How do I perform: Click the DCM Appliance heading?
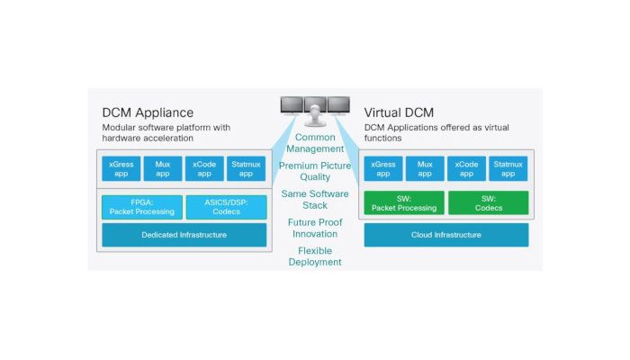point(148,112)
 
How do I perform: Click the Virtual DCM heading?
point(400,112)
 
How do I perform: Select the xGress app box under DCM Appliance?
point(121,169)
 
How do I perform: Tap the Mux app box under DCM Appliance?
point(162,169)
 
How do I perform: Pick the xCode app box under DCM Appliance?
point(203,169)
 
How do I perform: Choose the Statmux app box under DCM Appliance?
point(246,169)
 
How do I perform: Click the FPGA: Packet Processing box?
point(142,207)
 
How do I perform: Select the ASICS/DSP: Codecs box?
point(226,207)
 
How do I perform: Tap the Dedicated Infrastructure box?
point(184,235)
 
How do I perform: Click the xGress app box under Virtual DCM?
point(382,169)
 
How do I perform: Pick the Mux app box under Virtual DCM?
point(424,169)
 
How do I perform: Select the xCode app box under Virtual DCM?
point(466,169)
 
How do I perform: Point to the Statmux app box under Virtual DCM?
point(508,169)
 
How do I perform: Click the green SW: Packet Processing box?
point(403,202)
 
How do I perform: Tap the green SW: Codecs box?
point(488,202)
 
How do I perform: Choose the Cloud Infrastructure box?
point(445,235)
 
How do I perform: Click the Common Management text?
point(315,142)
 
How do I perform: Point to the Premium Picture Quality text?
point(315,171)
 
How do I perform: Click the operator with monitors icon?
point(315,110)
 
